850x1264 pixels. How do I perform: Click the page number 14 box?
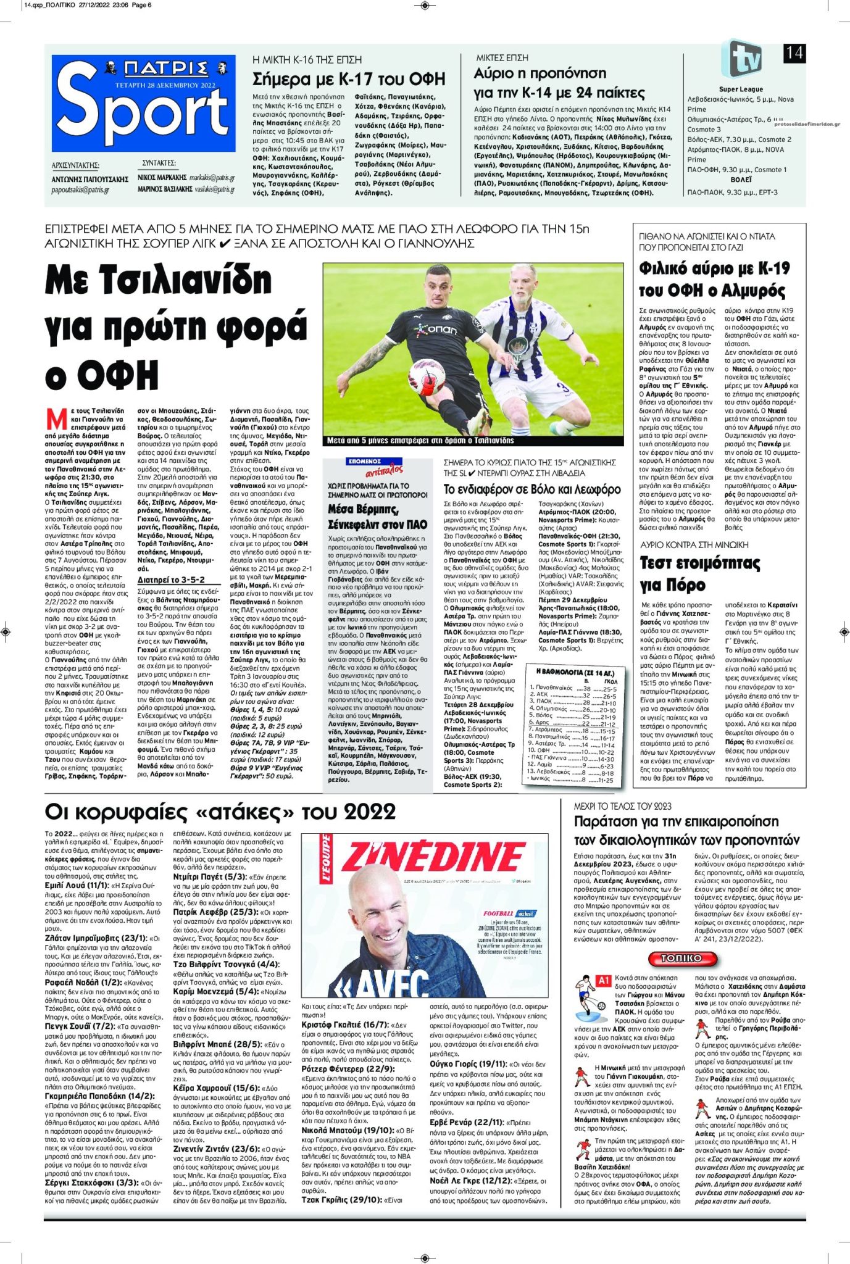click(x=794, y=53)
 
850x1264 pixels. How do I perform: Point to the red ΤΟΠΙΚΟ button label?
click(x=681, y=958)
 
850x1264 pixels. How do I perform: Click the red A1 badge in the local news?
click(x=604, y=981)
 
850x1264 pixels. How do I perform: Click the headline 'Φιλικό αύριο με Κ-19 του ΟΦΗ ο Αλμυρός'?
click(x=714, y=279)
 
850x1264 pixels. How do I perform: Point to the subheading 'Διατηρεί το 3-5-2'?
click(x=171, y=580)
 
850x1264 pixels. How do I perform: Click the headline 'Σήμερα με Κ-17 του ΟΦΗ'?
click(x=349, y=79)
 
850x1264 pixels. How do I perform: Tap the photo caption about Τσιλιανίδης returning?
click(x=420, y=441)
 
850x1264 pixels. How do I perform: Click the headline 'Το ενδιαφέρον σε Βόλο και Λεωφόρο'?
click(x=532, y=489)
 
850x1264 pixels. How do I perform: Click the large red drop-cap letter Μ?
click(x=56, y=419)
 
